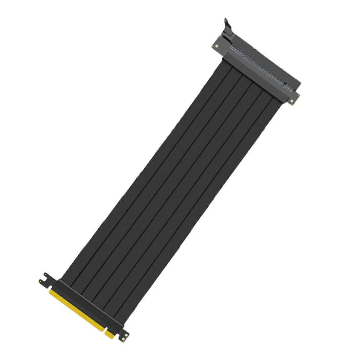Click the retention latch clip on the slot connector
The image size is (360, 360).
click(x=228, y=28)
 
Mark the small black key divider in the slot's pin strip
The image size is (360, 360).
click(x=285, y=84)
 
